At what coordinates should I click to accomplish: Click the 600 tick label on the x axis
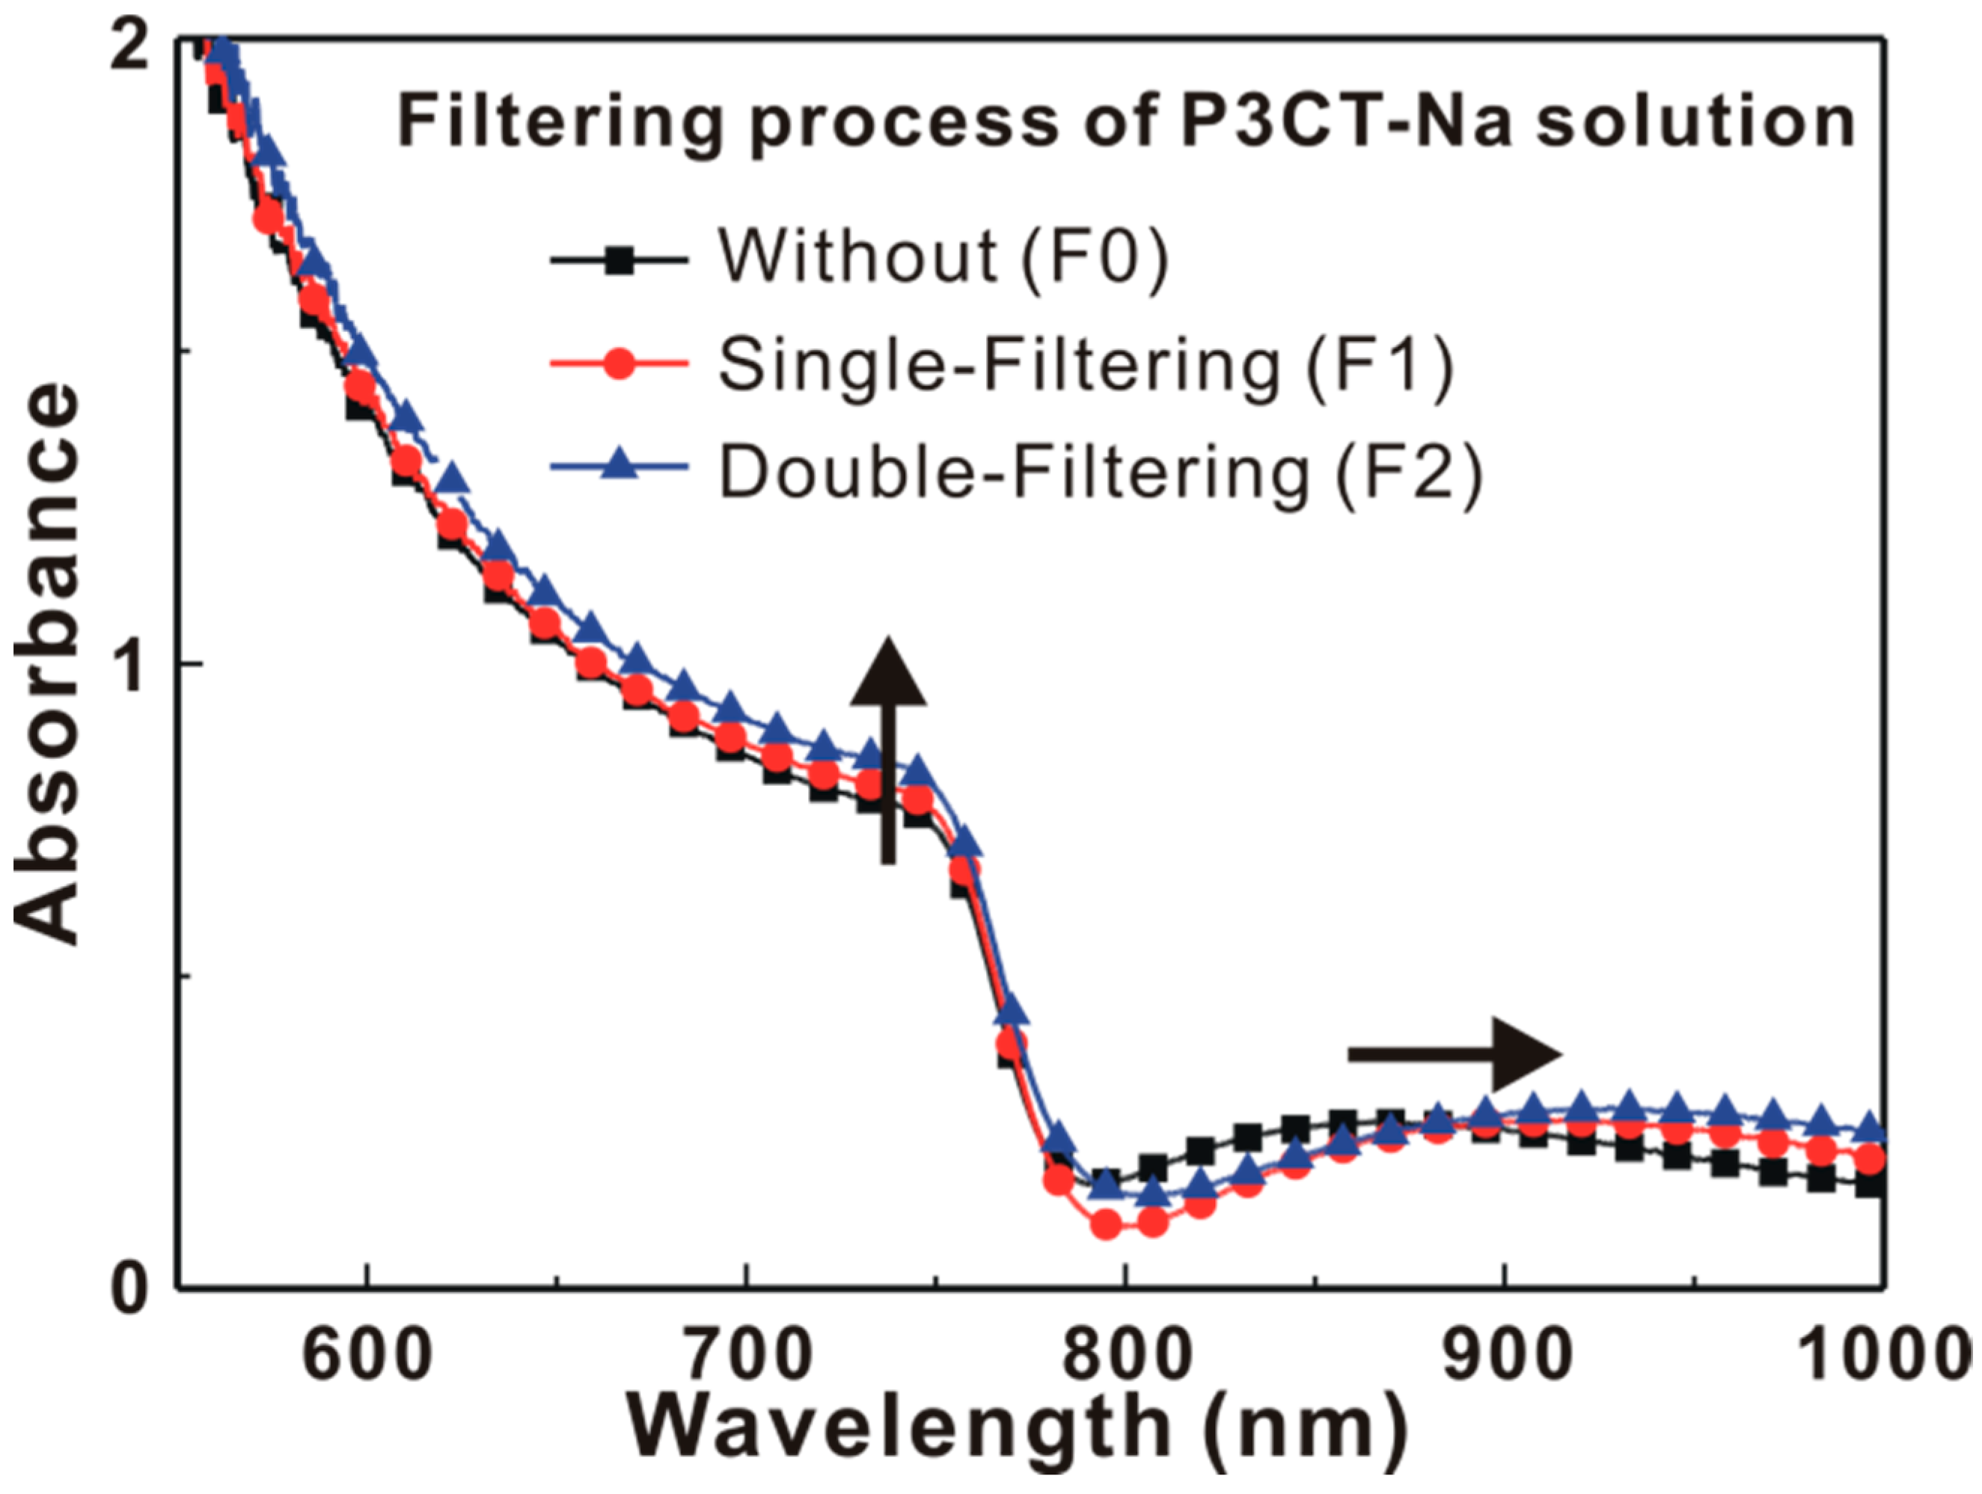[367, 1358]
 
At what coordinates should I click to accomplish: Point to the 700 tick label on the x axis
[745, 1358]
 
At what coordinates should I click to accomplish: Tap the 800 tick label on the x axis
[1125, 1358]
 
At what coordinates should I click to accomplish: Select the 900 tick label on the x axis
[1505, 1358]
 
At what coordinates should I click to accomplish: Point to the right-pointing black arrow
[1455, 1054]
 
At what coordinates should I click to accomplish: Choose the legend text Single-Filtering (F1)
[1085, 365]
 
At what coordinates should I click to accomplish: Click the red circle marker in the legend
[618, 365]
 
